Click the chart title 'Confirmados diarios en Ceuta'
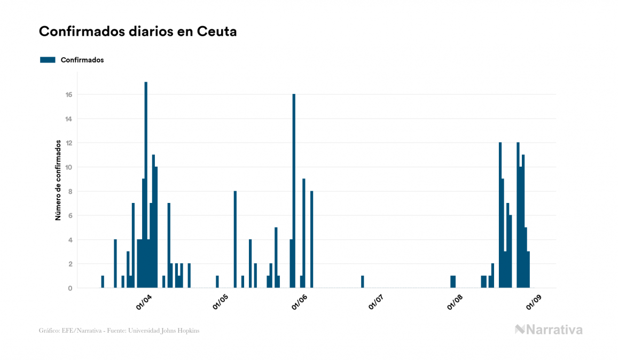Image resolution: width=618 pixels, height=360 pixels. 138,32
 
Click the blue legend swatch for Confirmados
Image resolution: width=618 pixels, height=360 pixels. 48,60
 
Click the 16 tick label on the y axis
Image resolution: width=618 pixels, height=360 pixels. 68,95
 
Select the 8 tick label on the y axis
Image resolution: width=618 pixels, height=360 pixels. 69,191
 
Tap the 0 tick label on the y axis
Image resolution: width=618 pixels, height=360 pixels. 69,288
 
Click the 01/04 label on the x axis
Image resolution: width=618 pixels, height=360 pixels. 144,302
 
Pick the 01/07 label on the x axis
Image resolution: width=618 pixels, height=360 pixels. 377,302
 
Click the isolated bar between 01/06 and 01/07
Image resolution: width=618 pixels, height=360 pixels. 363,281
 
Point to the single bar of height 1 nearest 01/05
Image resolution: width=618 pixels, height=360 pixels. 217,281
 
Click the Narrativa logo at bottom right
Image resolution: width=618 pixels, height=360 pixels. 549,330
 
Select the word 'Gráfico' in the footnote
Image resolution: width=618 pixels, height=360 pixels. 49,331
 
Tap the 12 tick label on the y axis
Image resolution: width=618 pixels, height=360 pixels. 68,143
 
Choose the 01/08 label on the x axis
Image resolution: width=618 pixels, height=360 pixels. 455,302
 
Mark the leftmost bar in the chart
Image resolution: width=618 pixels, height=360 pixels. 103,281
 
